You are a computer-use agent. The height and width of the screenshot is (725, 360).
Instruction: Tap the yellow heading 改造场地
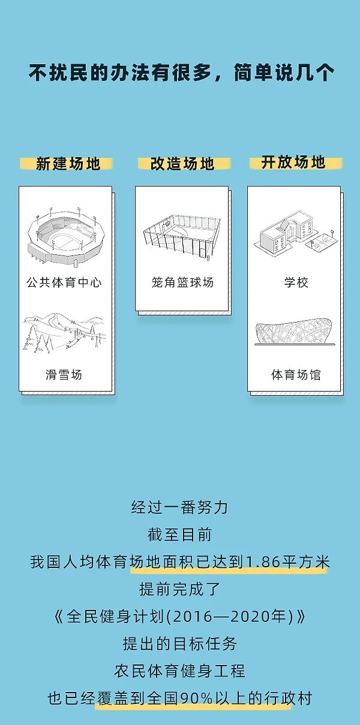click(x=182, y=164)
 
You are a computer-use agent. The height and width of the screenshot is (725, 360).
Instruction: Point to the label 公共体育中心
click(x=64, y=282)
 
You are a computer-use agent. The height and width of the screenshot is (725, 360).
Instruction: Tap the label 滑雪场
click(x=64, y=375)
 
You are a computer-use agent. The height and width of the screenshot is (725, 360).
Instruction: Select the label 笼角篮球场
click(x=182, y=282)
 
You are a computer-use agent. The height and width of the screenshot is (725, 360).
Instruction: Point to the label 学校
click(x=296, y=282)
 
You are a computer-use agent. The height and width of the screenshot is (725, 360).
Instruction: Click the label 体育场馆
click(x=296, y=375)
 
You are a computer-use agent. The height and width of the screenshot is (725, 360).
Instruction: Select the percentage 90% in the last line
click(x=197, y=699)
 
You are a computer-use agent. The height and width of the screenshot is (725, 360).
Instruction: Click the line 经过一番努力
click(x=179, y=507)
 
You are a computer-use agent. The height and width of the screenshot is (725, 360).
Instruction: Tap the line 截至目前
click(x=179, y=535)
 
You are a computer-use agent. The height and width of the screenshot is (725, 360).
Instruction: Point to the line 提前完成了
click(x=179, y=589)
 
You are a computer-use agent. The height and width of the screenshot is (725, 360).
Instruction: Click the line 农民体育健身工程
click(x=179, y=671)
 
